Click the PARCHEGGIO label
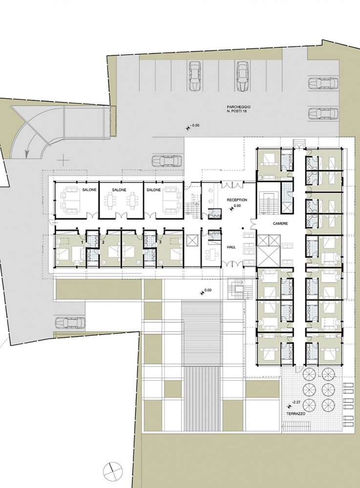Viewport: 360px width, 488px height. pos(238,107)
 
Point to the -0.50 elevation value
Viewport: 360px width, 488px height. pos(195,125)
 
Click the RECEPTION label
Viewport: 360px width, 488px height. pos(237,200)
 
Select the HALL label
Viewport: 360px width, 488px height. pos(231,247)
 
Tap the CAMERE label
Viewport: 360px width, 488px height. pos(280,224)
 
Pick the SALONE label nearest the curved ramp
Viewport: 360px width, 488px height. pos(89,189)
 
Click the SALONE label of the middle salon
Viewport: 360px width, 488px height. pos(119,189)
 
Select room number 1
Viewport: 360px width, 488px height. pos(82,242)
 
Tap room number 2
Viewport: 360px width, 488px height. pos(103,242)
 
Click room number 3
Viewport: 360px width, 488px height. pos(160,242)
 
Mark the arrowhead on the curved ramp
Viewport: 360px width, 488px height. pos(27,152)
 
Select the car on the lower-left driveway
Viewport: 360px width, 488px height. pos(70,323)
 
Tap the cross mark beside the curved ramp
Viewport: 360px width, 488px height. pos(64,160)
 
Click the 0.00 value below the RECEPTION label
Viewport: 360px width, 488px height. pos(237,206)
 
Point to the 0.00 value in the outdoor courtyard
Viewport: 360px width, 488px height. pos(208,290)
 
